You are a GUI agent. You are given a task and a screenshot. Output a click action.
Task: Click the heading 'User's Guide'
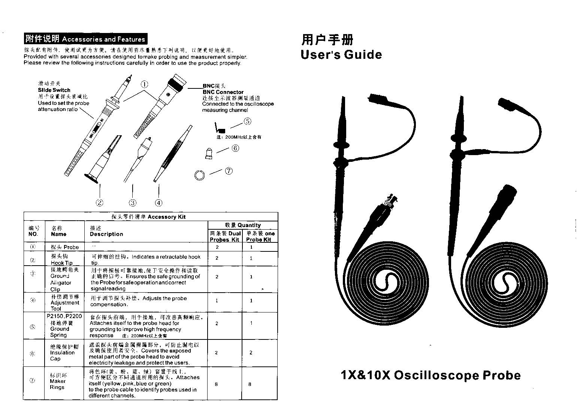[341, 55]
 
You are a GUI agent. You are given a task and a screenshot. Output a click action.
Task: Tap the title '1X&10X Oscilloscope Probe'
[431, 375]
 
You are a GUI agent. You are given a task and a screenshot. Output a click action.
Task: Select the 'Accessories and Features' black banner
[85, 39]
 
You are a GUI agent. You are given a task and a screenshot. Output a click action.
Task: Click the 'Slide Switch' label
[54, 90]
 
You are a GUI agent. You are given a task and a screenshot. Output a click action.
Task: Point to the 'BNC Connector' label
[223, 92]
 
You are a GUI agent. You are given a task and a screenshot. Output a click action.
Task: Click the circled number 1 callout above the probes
[145, 84]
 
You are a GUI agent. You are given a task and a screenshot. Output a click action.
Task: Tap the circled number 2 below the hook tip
[99, 203]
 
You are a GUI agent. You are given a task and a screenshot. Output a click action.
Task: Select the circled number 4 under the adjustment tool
[159, 203]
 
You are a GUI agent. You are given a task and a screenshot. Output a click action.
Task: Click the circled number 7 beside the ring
[229, 171]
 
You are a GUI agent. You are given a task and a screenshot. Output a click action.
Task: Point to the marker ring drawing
[199, 175]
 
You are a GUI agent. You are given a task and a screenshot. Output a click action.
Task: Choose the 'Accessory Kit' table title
[151, 217]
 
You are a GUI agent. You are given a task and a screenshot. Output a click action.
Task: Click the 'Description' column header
[106, 234]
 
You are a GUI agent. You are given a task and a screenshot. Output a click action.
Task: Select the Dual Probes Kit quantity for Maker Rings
[217, 384]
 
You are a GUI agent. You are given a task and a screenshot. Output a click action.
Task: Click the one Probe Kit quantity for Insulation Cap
[251, 353]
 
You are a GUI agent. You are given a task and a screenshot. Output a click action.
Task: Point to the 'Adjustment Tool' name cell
[65, 303]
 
